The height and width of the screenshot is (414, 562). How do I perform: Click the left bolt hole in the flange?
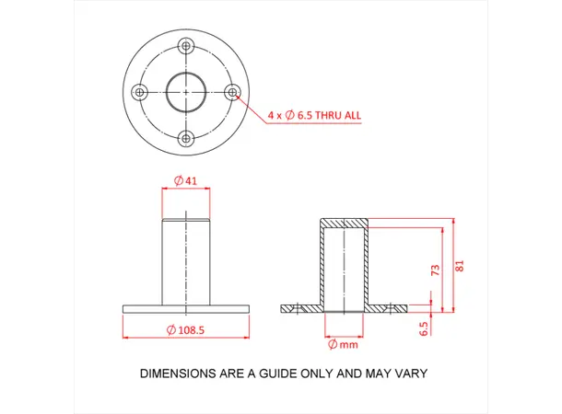pos(141,92)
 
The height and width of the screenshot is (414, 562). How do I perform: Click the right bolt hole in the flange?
pos(232,91)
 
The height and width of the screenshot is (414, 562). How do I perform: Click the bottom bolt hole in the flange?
pos(187,138)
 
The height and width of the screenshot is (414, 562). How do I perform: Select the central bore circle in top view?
pos(187,92)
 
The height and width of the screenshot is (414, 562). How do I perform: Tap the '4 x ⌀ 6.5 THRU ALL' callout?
pos(313,116)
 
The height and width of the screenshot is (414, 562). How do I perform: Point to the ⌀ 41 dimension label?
pos(186,181)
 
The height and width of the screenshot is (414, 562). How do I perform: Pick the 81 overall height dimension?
pos(460,267)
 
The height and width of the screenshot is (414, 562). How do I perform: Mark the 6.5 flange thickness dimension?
pos(425,328)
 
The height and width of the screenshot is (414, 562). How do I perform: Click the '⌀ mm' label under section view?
pos(343,345)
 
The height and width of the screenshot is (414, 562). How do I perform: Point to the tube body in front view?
pos(186,262)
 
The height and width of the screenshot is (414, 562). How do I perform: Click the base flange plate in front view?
pos(186,308)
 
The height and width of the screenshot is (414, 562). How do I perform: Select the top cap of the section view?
pos(344,223)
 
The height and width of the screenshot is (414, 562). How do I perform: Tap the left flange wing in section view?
pos(300,308)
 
